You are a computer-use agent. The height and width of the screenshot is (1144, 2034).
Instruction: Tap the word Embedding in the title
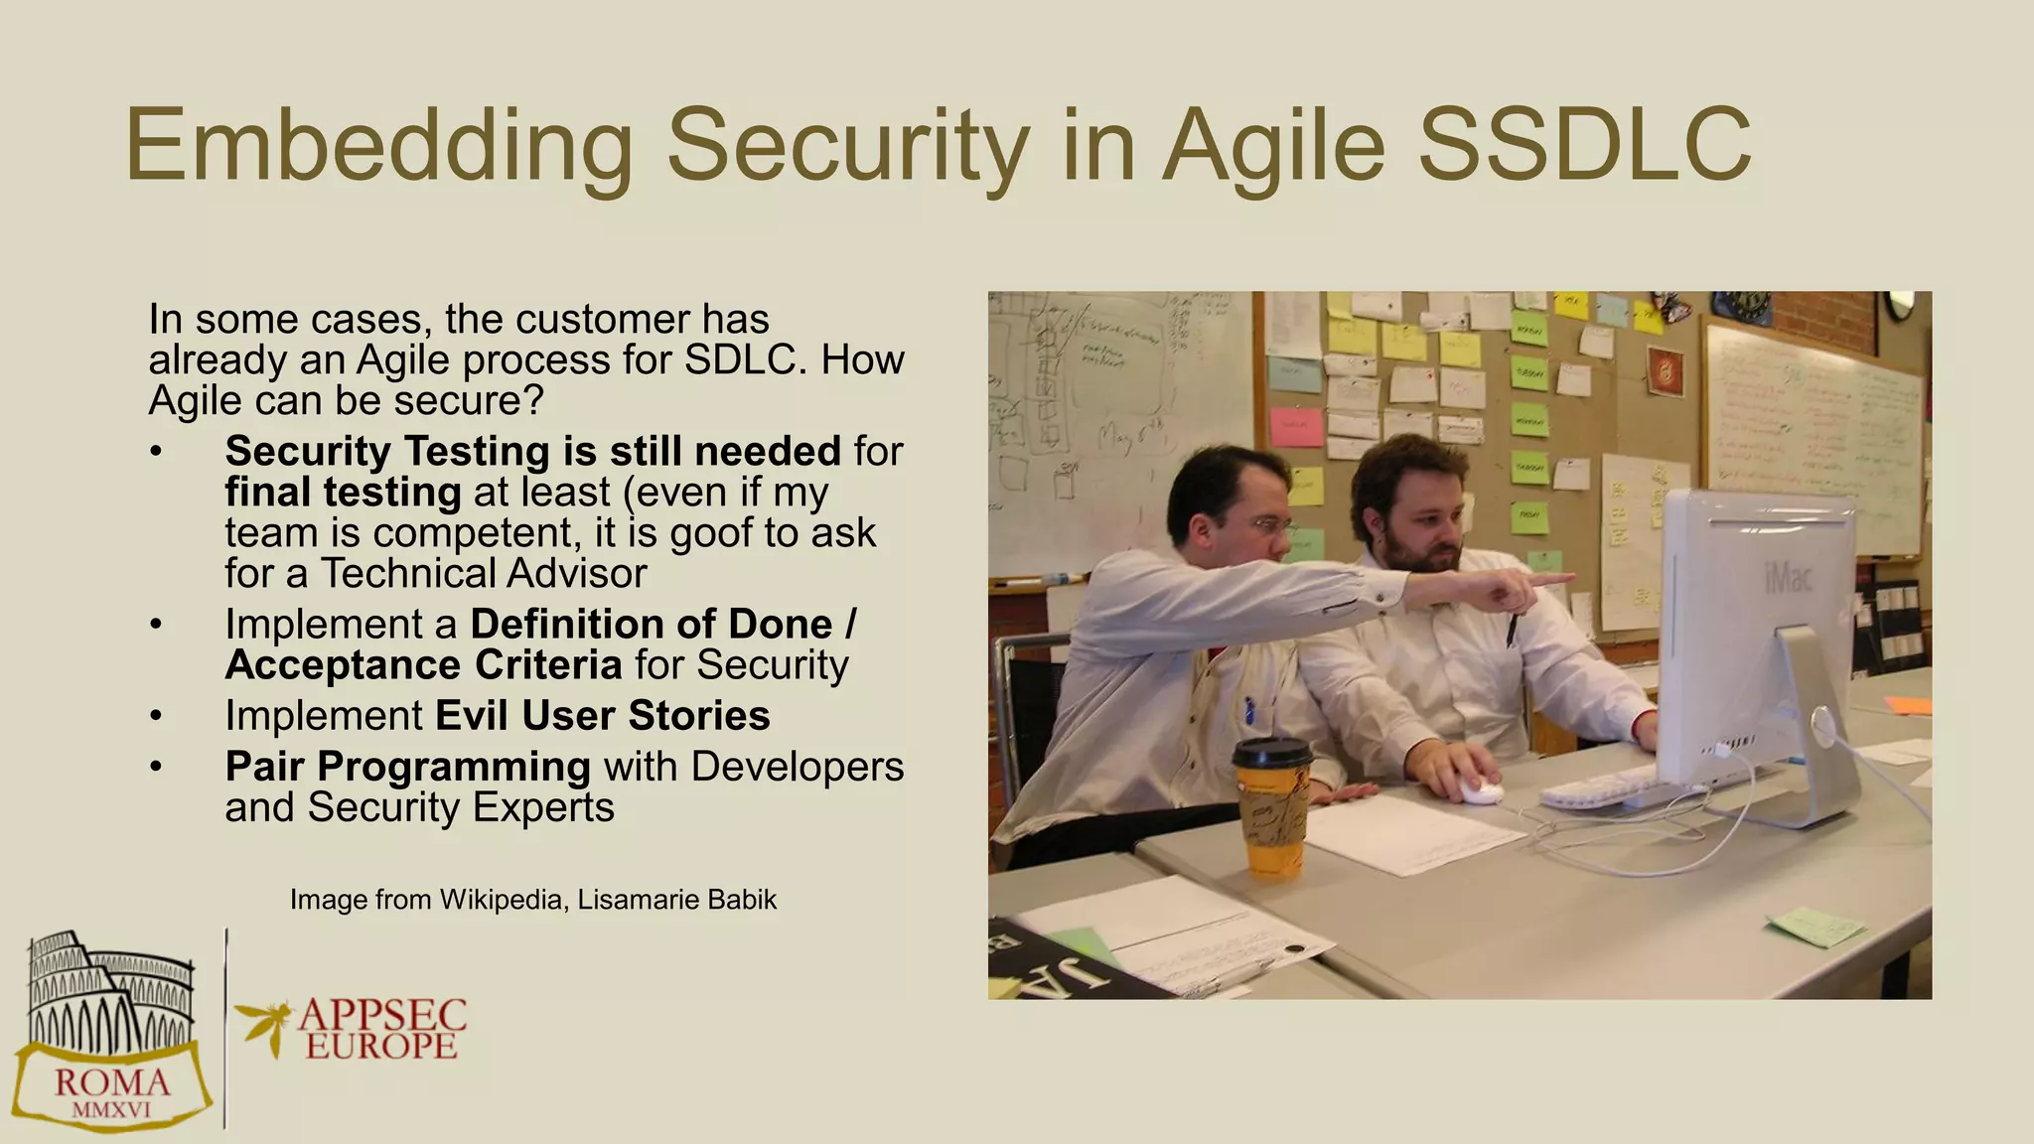(378, 147)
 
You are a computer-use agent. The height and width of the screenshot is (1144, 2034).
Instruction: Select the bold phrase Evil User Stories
(602, 716)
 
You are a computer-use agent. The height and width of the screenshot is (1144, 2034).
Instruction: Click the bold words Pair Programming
(407, 767)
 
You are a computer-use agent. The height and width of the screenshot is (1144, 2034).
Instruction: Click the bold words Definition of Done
(652, 625)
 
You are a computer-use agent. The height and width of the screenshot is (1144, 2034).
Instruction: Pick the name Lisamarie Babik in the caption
(676, 900)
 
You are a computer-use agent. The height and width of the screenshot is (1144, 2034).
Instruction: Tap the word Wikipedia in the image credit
(503, 900)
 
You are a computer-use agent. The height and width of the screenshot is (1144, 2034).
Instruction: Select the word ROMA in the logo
(111, 1081)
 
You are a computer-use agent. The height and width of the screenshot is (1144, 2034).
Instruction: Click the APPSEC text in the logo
(382, 1015)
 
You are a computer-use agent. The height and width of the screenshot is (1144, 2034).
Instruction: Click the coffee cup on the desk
(1272, 809)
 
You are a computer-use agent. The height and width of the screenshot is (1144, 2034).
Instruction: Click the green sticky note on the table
(1815, 927)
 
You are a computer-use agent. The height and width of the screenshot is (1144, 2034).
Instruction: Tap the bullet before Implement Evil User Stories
(155, 716)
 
